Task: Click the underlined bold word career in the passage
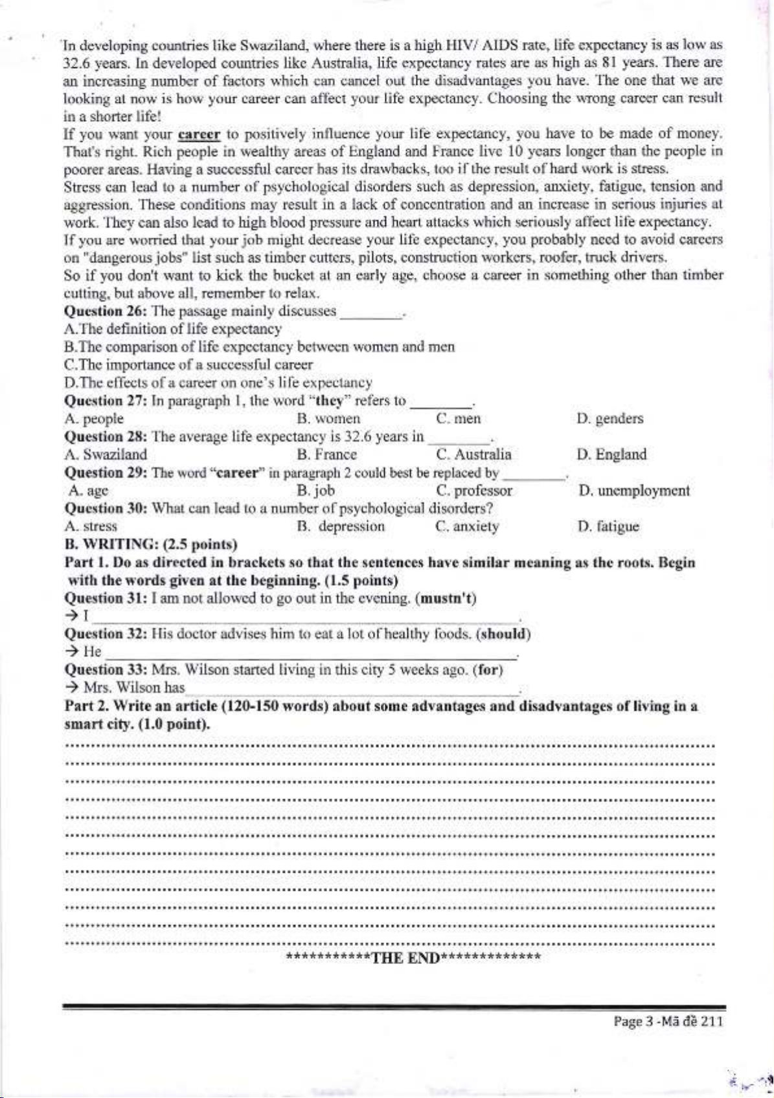[x=199, y=135]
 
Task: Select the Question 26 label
[x=106, y=311]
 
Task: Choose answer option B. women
[x=328, y=419]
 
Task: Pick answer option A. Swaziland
[x=106, y=454]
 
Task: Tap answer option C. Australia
[x=473, y=454]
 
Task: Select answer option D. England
[x=611, y=454]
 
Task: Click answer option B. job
[x=316, y=491]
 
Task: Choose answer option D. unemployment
[x=634, y=491]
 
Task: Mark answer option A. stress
[x=91, y=526]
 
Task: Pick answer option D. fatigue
[x=608, y=526]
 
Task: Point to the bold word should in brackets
[x=503, y=634]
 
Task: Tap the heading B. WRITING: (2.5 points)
[x=151, y=544]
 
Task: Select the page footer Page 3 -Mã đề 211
[x=667, y=1022]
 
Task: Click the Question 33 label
[x=106, y=670]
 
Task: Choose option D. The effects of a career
[x=218, y=383]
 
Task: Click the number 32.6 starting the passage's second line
[x=76, y=63]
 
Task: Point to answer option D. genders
[x=610, y=419]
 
